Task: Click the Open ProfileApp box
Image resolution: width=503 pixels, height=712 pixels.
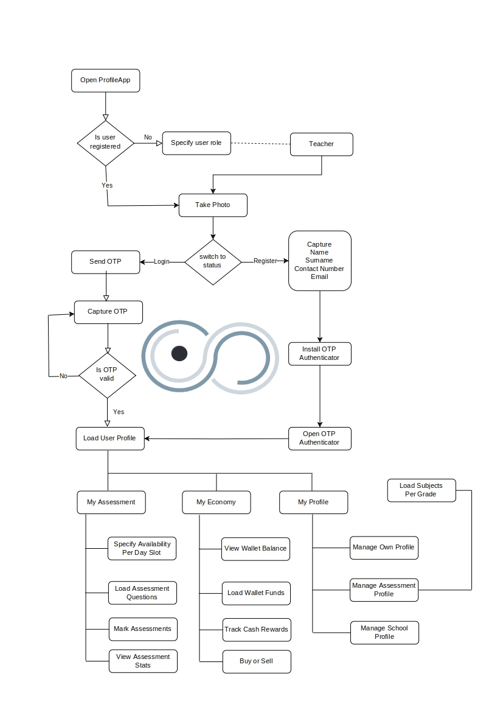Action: [106, 80]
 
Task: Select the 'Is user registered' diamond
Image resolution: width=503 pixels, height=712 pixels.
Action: [106, 143]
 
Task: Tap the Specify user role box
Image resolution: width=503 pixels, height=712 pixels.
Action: [196, 143]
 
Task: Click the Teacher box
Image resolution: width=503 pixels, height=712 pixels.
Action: [322, 144]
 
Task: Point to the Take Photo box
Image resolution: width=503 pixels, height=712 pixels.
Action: [213, 205]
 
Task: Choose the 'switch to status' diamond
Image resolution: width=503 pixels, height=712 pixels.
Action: [213, 262]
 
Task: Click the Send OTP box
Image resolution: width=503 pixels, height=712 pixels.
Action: [106, 262]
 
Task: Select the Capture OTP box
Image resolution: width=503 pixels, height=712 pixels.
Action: [108, 312]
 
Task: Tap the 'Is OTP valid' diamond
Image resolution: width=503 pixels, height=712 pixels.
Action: [108, 376]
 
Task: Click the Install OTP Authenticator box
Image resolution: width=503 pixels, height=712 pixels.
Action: [320, 354]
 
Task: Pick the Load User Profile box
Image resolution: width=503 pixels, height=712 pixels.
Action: [110, 439]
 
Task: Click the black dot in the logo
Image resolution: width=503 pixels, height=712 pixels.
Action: [179, 353]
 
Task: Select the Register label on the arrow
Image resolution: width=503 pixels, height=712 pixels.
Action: [265, 261]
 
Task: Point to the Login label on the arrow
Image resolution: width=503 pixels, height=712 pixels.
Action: [161, 261]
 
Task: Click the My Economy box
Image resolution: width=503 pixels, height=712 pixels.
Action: [217, 502]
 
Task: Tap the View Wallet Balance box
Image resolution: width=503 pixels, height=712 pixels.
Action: [256, 549]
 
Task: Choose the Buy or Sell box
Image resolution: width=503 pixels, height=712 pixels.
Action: [257, 661]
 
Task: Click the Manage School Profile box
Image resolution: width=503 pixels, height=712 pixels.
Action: [384, 633]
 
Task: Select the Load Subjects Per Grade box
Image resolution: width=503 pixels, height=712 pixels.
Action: [421, 490]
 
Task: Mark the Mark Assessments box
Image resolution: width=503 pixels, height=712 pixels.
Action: [143, 629]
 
